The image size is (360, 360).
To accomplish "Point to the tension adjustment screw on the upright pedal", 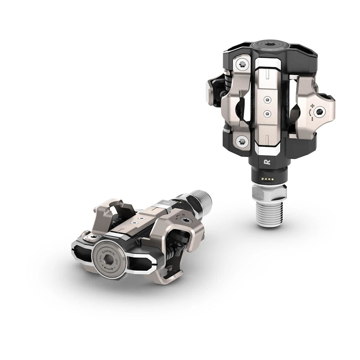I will click(x=320, y=111).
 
